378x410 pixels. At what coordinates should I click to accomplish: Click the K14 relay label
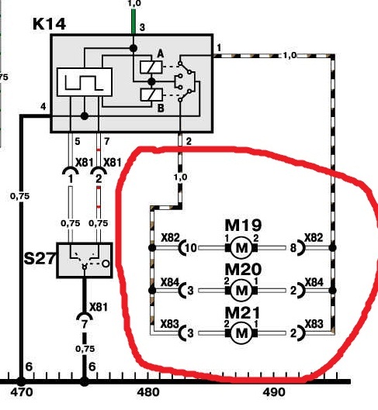49,24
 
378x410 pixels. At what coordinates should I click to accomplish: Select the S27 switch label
40,258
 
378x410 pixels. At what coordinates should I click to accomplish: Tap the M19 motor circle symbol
241,247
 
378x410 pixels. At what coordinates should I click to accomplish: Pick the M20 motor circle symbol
241,290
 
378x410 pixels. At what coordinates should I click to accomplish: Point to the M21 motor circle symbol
241,332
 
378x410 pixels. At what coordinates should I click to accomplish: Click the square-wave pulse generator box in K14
85,82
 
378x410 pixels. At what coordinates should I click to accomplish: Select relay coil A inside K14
151,67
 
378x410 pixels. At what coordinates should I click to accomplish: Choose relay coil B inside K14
151,95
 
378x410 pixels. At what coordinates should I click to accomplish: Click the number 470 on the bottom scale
22,392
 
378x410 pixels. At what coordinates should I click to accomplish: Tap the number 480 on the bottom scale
148,392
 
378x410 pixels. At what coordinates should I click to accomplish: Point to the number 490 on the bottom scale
274,392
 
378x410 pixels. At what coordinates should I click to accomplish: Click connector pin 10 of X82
191,247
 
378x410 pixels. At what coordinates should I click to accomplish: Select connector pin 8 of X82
293,247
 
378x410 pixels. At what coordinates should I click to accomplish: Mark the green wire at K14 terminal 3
134,22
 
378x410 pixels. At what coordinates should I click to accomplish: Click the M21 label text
243,312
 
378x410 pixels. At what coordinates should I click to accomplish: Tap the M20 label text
243,269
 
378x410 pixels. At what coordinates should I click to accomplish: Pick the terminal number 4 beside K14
43,107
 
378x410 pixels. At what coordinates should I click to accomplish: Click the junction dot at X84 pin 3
152,290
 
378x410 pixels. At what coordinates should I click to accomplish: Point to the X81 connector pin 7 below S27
85,325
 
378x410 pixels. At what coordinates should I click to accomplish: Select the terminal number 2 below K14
189,142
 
